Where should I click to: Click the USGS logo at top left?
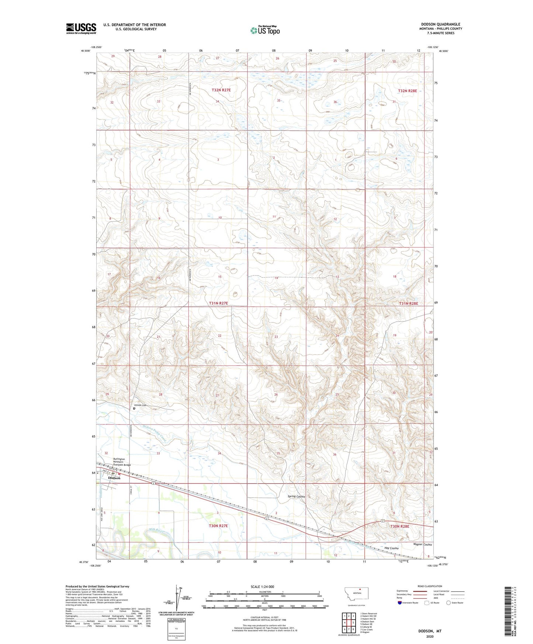[81, 28]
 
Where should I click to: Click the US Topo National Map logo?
[264, 30]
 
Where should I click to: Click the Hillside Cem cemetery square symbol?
[134, 408]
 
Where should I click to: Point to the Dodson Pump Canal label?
[155, 434]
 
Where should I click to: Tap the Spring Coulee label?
[297, 496]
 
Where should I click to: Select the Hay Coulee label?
[391, 548]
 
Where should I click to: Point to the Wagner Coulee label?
[422, 544]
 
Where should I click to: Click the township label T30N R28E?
[399, 526]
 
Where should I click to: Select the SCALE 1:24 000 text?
[262, 586]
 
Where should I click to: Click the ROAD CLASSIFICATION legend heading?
[430, 586]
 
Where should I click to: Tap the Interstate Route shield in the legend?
[400, 603]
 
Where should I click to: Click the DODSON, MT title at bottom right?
[430, 631]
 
